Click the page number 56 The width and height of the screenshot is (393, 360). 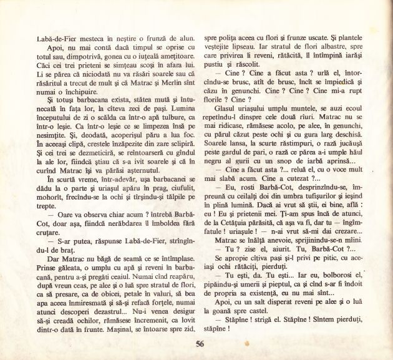199,343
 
